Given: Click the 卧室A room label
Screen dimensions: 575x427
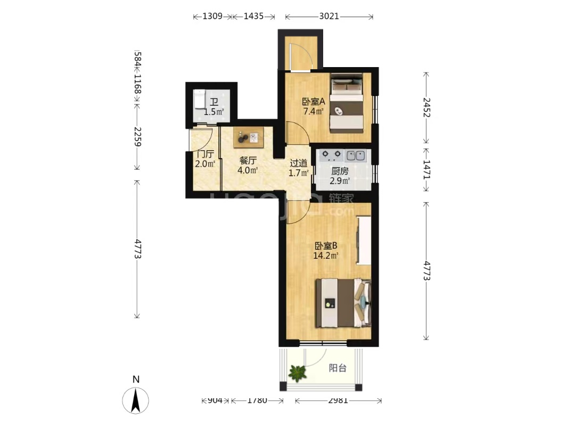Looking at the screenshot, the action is coord(314,101).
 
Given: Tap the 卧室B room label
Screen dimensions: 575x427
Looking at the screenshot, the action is coord(326,246).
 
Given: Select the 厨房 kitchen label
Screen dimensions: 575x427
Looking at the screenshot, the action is coord(340,171).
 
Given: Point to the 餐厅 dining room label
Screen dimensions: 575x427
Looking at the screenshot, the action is coord(248,160).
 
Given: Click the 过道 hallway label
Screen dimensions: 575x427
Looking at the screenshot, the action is coord(299,163).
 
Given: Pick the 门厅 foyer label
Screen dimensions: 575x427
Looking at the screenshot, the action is coord(206,154).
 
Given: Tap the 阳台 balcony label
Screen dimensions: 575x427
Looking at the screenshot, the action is coord(338,368).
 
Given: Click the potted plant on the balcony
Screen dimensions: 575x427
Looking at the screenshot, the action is coord(297,373).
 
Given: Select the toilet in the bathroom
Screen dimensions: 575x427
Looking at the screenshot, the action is coord(199,100).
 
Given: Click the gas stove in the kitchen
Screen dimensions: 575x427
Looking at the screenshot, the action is coord(331,155).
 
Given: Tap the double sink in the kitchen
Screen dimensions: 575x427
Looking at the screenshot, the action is coord(356,155).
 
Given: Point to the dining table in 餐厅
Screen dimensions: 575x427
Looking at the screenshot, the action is coord(249,137).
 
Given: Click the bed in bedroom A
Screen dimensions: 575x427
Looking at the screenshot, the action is coord(346,103).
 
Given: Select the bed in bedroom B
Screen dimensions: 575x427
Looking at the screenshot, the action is coord(343,303).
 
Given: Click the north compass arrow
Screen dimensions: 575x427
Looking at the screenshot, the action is coord(136,400).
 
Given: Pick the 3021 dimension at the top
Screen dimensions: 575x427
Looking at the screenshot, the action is coord(329,17).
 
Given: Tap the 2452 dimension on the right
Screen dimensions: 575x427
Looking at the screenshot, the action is coord(426,107).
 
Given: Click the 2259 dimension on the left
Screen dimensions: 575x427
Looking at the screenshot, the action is coord(137,136).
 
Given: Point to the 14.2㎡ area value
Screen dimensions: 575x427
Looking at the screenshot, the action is coord(326,256).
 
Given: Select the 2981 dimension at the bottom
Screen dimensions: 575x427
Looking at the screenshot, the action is coord(338,400).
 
